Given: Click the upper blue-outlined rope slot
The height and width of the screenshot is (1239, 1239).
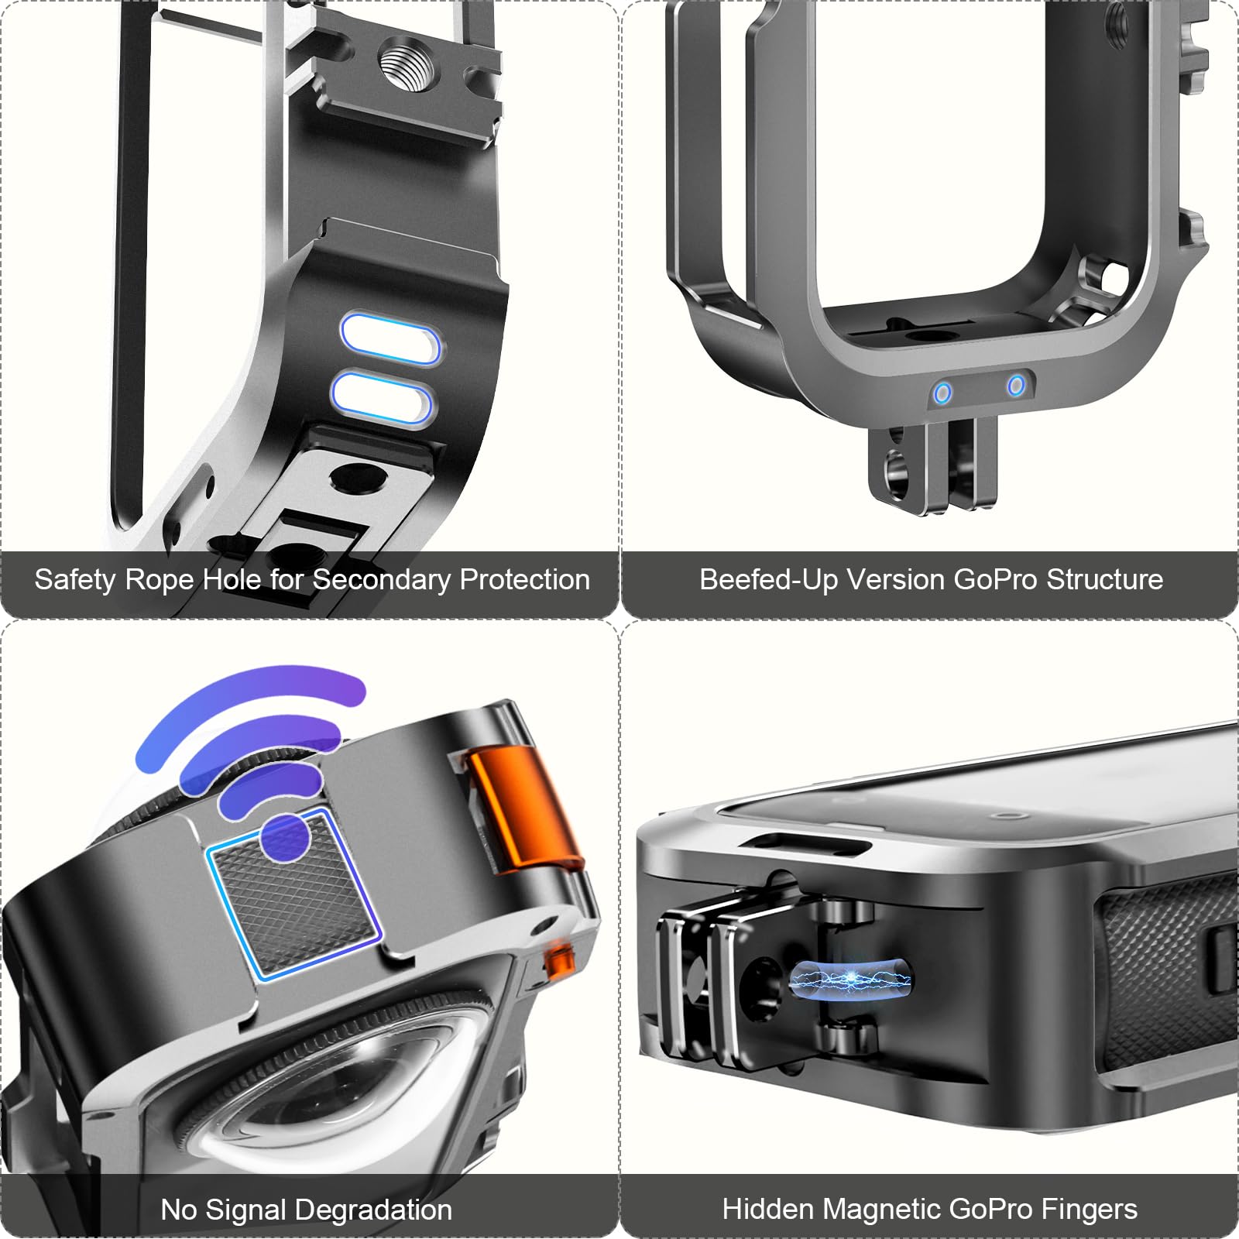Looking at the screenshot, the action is pos(390,338).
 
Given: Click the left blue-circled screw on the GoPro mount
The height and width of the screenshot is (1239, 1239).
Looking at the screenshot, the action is pos(942,393).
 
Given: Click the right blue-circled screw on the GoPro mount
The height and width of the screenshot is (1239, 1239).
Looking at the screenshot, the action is pos(1016,385).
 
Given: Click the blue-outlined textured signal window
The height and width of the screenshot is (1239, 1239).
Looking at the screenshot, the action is pos(293,895).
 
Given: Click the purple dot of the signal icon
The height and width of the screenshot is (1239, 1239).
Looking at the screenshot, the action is pos(285,838).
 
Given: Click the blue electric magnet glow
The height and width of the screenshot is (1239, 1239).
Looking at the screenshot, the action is pos(850,980).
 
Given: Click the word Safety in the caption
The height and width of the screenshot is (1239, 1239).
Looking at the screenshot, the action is pos(75,580).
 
